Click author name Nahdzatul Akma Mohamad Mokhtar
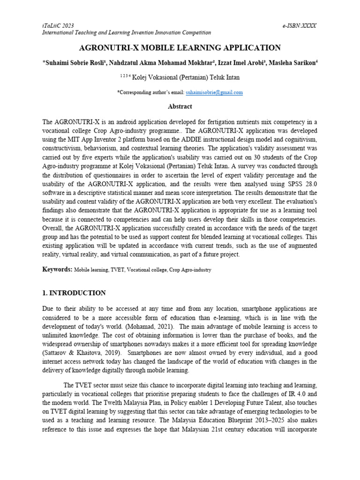[x=157, y=62]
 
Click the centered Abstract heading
[x=180, y=106]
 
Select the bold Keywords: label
[x=57, y=270]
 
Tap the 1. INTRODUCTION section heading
[x=74, y=293]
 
